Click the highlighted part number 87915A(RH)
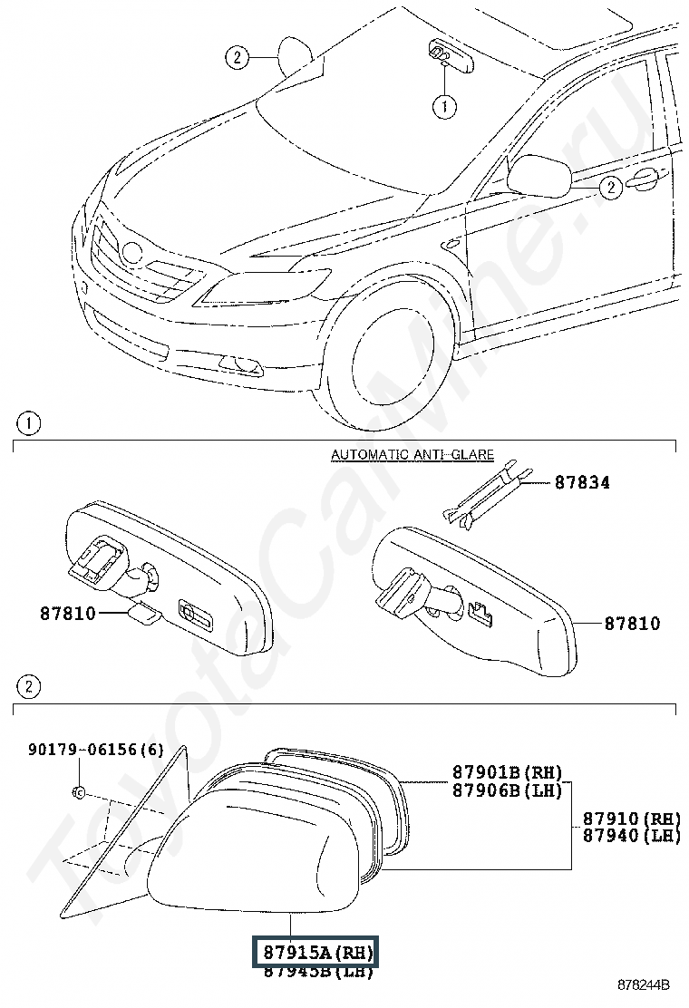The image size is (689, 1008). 317,953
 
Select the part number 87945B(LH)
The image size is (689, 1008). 317,973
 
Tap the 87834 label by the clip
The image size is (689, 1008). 582,482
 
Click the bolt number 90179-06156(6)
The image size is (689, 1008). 96,750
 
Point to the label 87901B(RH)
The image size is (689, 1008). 507,773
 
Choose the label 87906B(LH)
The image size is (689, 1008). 507,790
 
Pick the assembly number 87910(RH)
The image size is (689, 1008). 631,818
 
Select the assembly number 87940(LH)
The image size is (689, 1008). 631,835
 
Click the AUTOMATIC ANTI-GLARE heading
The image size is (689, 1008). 412,455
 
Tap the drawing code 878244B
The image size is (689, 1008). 644,984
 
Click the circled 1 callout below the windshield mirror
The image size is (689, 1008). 444,107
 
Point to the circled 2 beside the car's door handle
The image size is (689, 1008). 610,188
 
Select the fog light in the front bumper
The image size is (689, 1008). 241,364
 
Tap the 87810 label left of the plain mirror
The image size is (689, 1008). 67,613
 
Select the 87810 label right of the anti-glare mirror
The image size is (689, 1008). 632,624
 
